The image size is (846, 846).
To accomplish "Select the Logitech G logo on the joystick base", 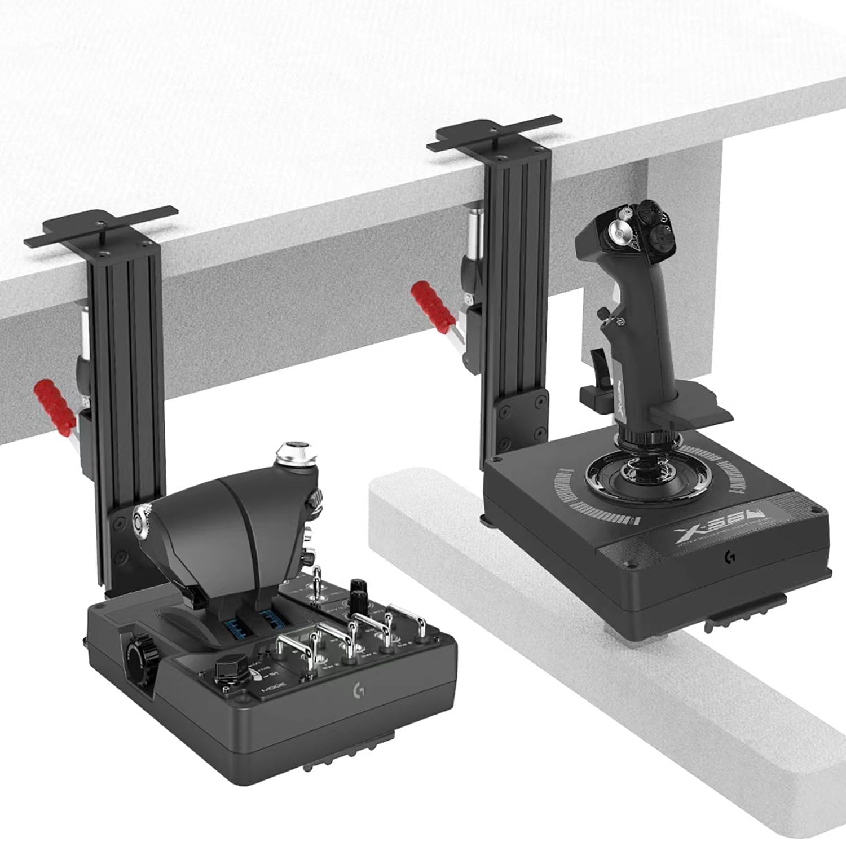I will pos(728,556).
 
